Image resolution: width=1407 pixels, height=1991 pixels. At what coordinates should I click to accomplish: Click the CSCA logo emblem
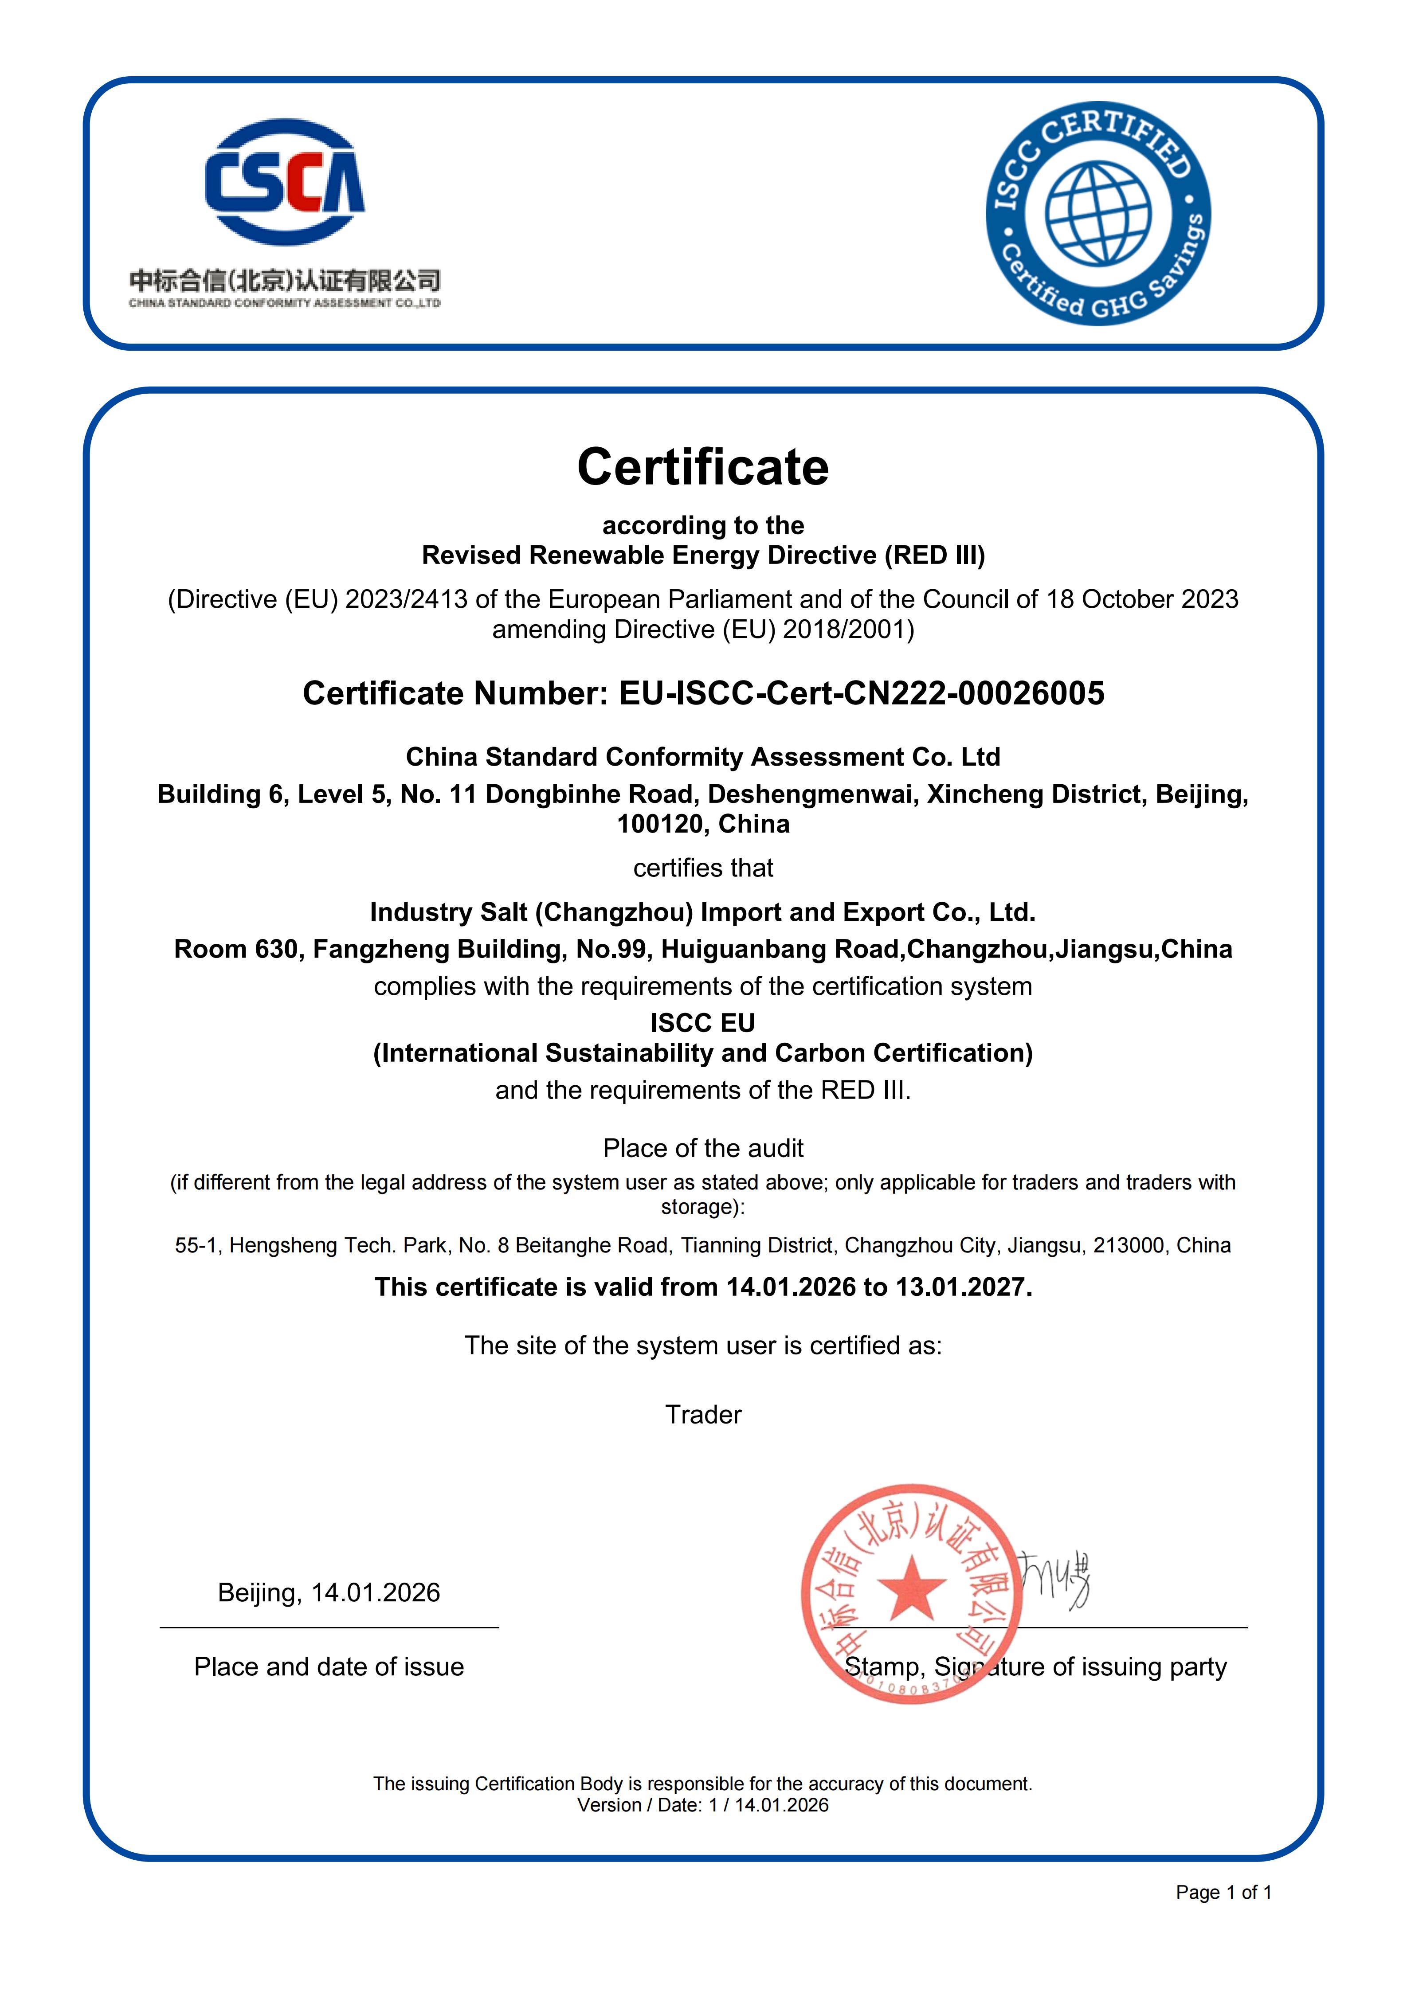pyautogui.click(x=285, y=181)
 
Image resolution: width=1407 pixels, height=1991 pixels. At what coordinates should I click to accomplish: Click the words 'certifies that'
pyautogui.click(x=703, y=868)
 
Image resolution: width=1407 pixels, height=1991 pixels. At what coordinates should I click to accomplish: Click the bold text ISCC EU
pyautogui.click(x=703, y=1023)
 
